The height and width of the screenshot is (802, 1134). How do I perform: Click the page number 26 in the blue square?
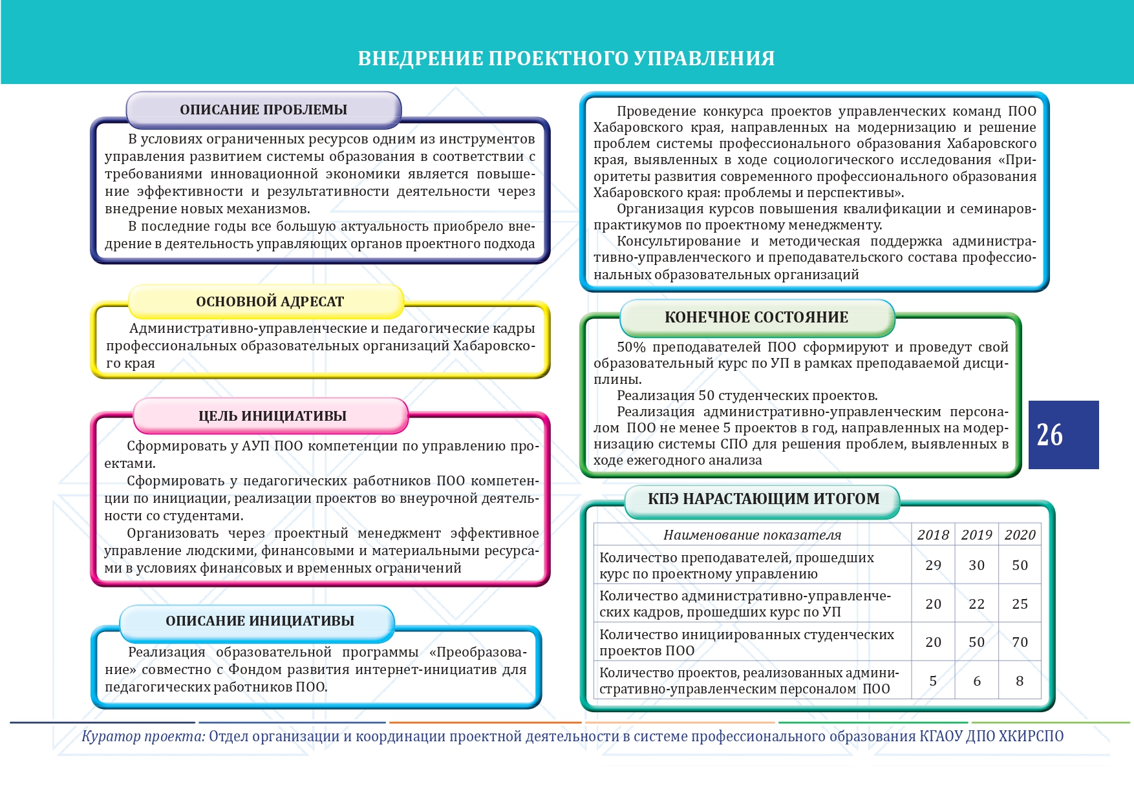[x=1049, y=435]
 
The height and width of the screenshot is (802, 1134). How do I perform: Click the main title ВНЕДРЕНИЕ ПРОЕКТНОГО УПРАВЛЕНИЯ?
[x=566, y=58]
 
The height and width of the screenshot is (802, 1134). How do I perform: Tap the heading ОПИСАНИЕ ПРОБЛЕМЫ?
[x=263, y=110]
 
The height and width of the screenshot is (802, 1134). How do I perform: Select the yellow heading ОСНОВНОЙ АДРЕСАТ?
[x=270, y=302]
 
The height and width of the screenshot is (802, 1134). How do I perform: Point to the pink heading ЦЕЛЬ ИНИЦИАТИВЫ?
[x=272, y=416]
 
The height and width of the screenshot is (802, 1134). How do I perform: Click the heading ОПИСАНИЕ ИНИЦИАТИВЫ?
[x=260, y=621]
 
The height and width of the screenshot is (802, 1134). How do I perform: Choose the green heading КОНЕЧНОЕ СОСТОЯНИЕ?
[x=756, y=317]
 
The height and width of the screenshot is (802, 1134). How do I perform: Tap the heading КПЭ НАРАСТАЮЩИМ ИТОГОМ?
[x=764, y=499]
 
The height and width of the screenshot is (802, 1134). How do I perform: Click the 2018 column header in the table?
[x=933, y=535]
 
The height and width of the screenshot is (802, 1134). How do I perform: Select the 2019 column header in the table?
[x=976, y=535]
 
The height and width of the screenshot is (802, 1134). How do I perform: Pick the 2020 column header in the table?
[x=1020, y=535]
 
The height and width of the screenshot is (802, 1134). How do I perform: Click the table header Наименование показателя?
[x=752, y=535]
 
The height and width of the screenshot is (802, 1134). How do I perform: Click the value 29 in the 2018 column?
[x=933, y=565]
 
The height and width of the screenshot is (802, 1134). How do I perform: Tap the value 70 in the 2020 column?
[x=1020, y=642]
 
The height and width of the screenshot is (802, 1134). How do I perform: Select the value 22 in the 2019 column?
[x=976, y=604]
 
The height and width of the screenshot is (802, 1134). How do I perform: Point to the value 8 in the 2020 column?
[x=1020, y=681]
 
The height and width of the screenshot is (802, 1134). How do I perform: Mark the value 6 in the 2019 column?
[x=976, y=681]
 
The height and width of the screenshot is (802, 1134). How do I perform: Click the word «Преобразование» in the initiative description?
[x=478, y=653]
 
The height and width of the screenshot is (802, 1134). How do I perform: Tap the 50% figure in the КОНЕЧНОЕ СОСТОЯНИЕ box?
[x=631, y=348]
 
